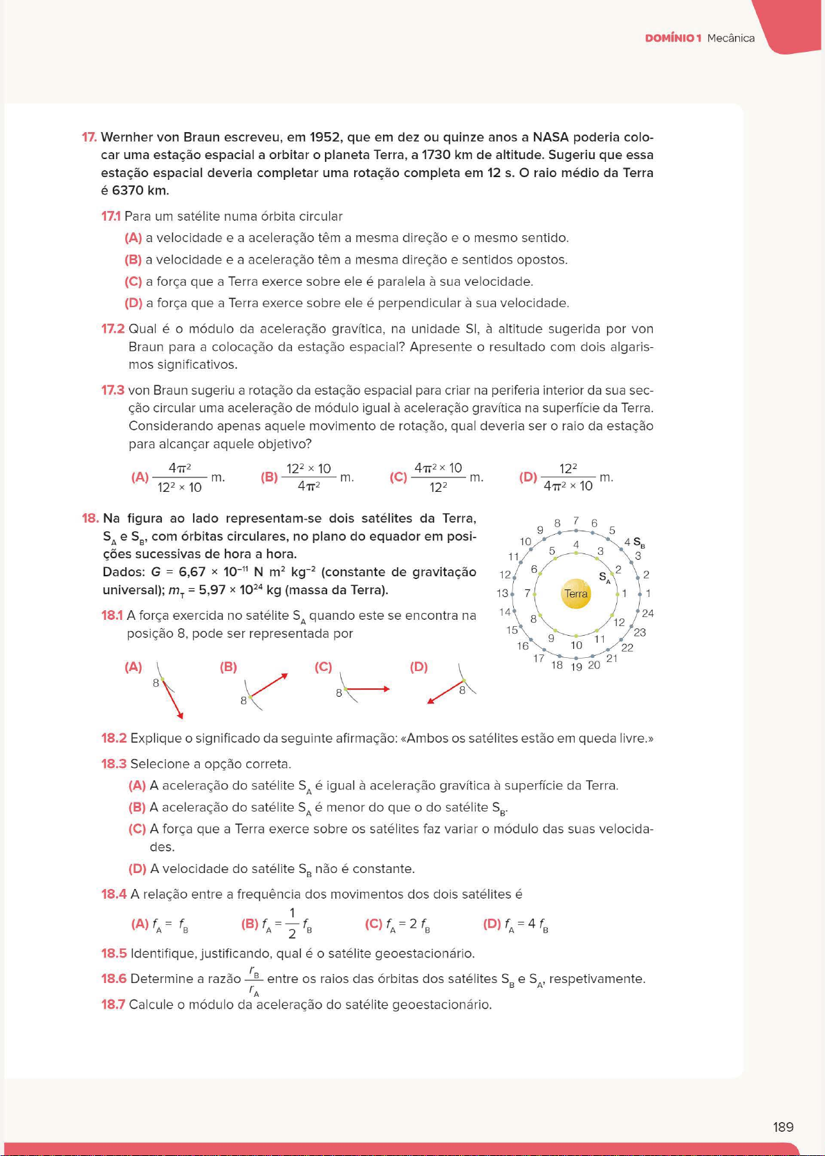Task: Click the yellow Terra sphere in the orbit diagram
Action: [x=575, y=594]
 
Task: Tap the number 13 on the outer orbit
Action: [x=502, y=594]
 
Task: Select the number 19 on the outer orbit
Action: [x=576, y=667]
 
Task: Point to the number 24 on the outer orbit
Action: [x=648, y=614]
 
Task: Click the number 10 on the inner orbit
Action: [x=576, y=645]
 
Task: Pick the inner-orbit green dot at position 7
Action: [x=536, y=594]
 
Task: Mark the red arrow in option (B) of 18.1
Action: [x=268, y=686]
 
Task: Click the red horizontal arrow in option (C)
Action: [x=367, y=689]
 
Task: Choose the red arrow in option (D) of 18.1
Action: [x=445, y=692]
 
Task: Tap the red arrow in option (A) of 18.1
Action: [x=174, y=700]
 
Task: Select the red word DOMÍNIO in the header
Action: [x=669, y=38]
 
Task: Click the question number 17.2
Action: [x=113, y=329]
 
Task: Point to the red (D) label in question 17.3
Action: [x=528, y=477]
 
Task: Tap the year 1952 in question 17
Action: [x=324, y=137]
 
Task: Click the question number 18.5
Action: [x=114, y=954]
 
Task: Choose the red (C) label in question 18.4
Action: [x=373, y=924]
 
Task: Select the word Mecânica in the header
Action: [x=731, y=38]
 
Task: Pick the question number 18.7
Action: [x=113, y=1004]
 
